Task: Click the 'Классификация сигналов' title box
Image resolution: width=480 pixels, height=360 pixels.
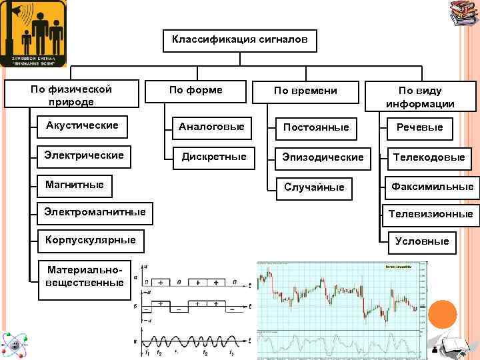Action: click(x=240, y=40)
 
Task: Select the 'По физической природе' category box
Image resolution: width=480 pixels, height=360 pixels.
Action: click(x=71, y=95)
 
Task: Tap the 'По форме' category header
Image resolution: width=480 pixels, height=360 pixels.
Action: click(x=196, y=90)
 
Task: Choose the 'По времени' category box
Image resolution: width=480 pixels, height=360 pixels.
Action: click(x=306, y=91)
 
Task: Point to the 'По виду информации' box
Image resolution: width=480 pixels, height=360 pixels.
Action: click(x=420, y=97)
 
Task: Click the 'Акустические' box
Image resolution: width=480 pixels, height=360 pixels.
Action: click(x=82, y=125)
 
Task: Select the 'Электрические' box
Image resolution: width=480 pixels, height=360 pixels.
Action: click(x=84, y=155)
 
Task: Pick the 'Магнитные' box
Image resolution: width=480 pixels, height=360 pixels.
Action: click(x=74, y=184)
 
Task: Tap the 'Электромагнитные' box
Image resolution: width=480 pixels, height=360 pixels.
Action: click(x=95, y=212)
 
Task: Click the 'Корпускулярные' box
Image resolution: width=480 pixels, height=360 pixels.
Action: click(x=90, y=239)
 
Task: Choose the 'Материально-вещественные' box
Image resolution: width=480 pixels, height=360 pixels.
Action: click(x=85, y=276)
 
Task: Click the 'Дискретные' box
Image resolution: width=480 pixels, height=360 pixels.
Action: click(x=215, y=157)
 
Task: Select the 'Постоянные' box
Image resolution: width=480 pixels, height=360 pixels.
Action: click(x=316, y=127)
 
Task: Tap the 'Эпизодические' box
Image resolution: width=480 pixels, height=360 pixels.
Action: click(x=323, y=157)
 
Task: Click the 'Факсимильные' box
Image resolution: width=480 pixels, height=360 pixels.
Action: click(x=432, y=187)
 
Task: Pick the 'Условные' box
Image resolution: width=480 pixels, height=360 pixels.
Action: click(x=422, y=241)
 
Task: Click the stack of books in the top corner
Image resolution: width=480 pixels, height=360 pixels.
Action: click(x=463, y=13)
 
